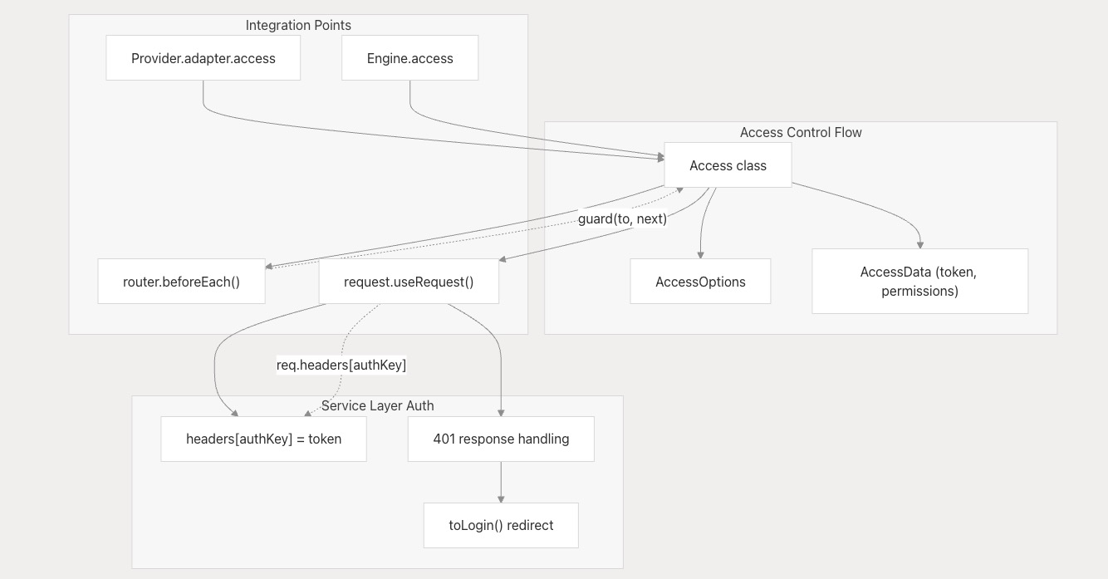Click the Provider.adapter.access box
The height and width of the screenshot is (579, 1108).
tap(203, 58)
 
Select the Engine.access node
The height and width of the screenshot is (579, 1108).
tap(409, 58)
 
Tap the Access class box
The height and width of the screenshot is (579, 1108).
tap(728, 165)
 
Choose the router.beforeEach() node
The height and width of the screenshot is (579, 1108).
tap(182, 281)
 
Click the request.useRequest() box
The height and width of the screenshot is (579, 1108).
tap(409, 281)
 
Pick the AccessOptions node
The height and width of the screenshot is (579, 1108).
tap(700, 281)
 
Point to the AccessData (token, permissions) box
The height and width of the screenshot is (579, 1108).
tap(919, 281)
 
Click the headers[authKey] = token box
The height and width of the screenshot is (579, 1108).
tap(263, 439)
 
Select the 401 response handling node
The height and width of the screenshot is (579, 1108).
tap(501, 439)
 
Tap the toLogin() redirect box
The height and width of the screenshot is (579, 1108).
tap(501, 525)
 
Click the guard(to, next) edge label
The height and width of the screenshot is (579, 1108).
tap(622, 218)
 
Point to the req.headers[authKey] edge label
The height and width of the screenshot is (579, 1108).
tap(341, 366)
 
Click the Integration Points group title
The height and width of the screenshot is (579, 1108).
tap(298, 25)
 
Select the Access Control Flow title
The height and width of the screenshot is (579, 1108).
tap(801, 132)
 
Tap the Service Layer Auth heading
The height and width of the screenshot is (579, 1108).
tap(377, 405)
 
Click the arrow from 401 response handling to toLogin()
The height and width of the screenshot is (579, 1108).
tap(501, 483)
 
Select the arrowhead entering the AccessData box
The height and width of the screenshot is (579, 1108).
tap(920, 245)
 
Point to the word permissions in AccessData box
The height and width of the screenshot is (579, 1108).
tap(919, 291)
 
